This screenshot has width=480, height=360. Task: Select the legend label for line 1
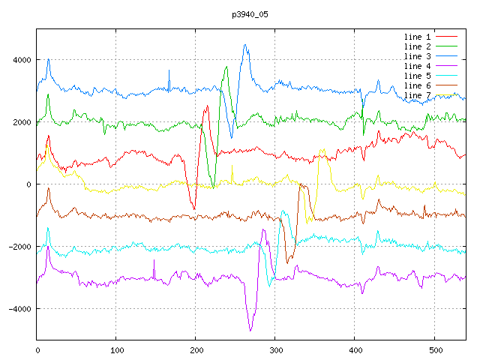418,37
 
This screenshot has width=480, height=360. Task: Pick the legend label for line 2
418,46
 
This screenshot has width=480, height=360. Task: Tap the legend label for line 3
418,56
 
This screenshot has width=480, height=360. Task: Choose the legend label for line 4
418,66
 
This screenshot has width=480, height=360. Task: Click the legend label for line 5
418,76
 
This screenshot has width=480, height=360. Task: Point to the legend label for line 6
418,85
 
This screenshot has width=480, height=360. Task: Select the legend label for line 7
418,95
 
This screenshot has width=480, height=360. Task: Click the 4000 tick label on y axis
20,60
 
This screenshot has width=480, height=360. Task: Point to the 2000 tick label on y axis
20,122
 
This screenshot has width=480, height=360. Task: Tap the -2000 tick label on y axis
19,247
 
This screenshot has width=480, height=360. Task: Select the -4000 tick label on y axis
19,309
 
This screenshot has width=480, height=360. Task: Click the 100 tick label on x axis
117,349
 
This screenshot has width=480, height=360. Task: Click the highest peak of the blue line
245,45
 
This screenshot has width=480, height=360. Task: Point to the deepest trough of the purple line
250,330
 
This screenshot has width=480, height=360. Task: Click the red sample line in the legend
447,37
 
